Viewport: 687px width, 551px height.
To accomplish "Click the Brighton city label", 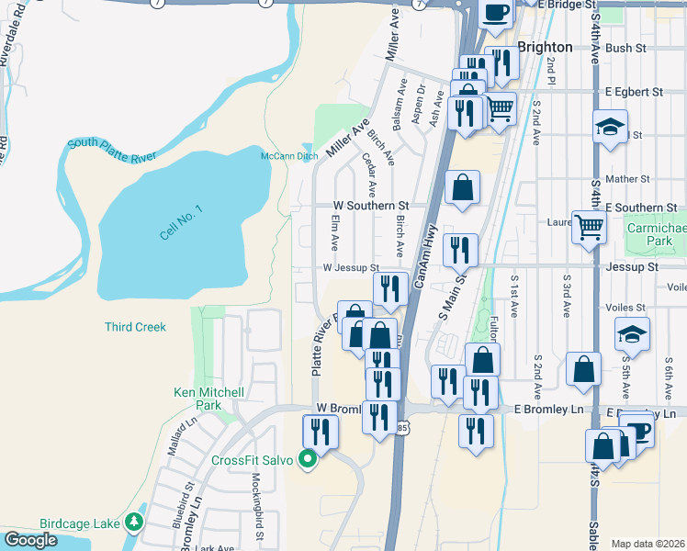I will tap(546, 47).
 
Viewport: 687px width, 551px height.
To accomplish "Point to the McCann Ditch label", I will tap(289, 156).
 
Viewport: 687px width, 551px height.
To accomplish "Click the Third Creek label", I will tap(135, 327).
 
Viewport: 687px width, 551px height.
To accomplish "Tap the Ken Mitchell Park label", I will tap(209, 399).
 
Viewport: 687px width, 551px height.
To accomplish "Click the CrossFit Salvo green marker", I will tap(309, 460).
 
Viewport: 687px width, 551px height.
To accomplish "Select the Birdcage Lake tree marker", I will tap(135, 523).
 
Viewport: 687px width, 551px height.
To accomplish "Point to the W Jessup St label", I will tap(350, 267).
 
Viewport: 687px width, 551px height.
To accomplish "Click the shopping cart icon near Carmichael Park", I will tap(589, 225).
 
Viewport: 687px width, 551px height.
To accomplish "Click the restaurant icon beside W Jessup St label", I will tap(390, 288).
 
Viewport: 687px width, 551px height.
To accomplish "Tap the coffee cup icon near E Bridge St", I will tap(496, 14).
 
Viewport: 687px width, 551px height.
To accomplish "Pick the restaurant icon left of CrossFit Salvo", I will tap(320, 431).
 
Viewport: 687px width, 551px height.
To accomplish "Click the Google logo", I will tap(30, 540).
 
